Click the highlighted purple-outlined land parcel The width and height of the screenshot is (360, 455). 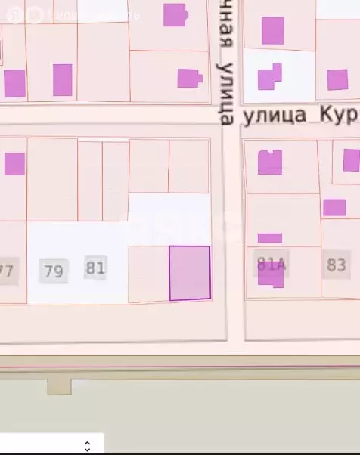pyautogui.click(x=189, y=273)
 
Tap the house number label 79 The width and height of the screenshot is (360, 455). pyautogui.click(x=53, y=271)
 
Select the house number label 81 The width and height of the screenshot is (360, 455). pyautogui.click(x=95, y=268)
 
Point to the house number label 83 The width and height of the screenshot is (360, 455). pyautogui.click(x=336, y=265)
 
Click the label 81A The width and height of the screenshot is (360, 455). pyautogui.click(x=271, y=264)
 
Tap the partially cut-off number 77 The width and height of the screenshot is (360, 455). pyautogui.click(x=6, y=271)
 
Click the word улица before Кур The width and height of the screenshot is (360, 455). pyautogui.click(x=274, y=115)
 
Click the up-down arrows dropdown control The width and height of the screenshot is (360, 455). pyautogui.click(x=87, y=446)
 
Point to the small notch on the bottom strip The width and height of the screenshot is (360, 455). pyautogui.click(x=59, y=387)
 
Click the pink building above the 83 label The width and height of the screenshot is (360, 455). pyautogui.click(x=334, y=207)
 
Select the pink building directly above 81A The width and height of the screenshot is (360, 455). pyautogui.click(x=270, y=162)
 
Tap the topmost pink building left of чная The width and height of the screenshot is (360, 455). pyautogui.click(x=175, y=14)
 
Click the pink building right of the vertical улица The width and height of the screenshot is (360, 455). pyautogui.click(x=268, y=77)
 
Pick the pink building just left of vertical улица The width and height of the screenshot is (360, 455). pyautogui.click(x=189, y=78)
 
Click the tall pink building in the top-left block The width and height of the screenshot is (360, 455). pyautogui.click(x=63, y=79)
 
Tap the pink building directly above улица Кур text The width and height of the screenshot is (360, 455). pyautogui.click(x=273, y=31)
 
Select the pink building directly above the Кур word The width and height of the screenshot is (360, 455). pyautogui.click(x=337, y=79)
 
